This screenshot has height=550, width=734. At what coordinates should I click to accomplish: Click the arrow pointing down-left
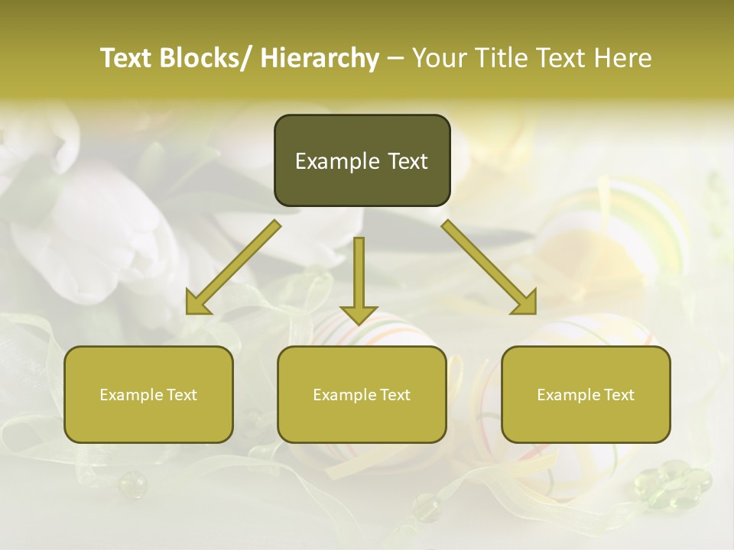point(233,267)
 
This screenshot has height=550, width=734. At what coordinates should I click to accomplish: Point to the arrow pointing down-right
point(489,267)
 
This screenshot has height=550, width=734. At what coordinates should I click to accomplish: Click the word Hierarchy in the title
point(320,58)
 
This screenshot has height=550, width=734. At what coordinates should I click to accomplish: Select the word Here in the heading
point(623,58)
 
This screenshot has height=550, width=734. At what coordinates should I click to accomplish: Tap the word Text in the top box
point(407,161)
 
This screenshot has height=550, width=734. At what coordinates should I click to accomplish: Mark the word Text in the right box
point(619,395)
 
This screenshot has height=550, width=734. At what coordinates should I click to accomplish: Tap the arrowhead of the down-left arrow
point(197,303)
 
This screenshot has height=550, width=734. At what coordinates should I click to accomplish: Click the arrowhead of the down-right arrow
point(525,303)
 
